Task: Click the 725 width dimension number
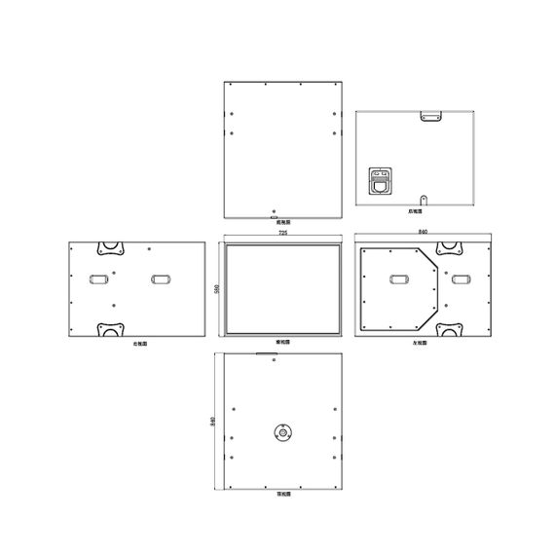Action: pos(282,235)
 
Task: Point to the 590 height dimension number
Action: pos(215,288)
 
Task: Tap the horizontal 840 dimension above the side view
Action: pos(422,233)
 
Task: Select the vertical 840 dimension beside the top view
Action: pos(213,422)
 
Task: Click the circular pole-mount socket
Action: pos(282,433)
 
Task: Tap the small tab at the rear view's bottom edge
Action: pos(422,203)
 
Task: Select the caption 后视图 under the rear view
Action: pos(415,210)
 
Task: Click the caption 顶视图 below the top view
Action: pos(282,496)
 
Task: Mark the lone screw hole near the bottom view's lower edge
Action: pos(276,209)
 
